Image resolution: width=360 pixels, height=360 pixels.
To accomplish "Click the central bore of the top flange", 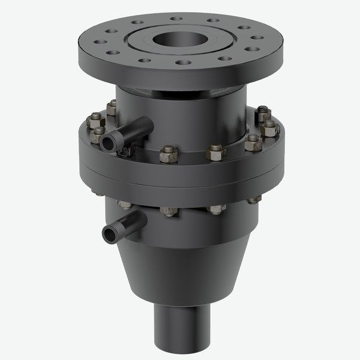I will pyautogui.click(x=178, y=41).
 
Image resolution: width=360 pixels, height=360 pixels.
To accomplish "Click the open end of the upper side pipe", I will pyautogui.click(x=109, y=142).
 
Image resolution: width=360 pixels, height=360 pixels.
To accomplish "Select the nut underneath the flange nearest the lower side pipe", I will pyautogui.click(x=127, y=206).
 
